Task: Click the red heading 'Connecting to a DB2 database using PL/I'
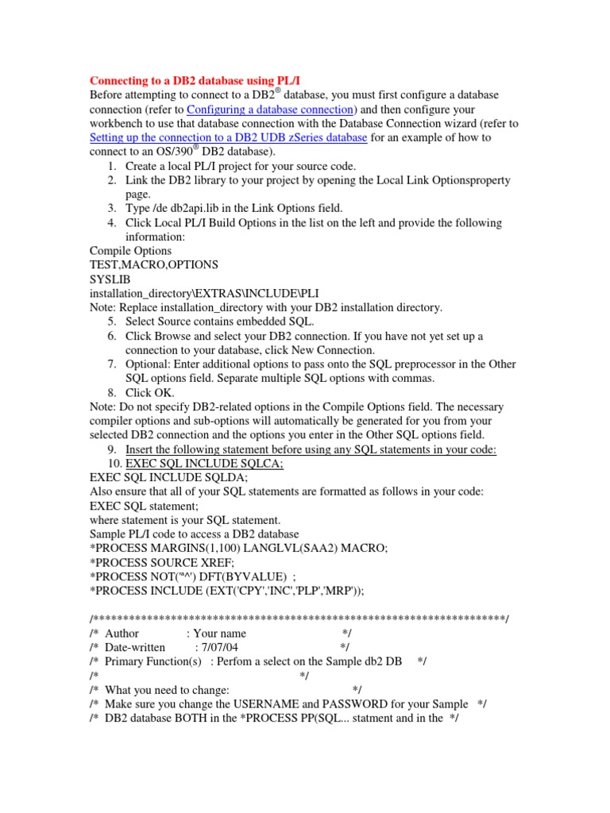pyautogui.click(x=195, y=80)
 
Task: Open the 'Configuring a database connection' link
pyautogui.click(x=270, y=109)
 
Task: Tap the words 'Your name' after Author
pyautogui.click(x=216, y=633)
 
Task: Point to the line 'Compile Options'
pyautogui.click(x=130, y=251)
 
